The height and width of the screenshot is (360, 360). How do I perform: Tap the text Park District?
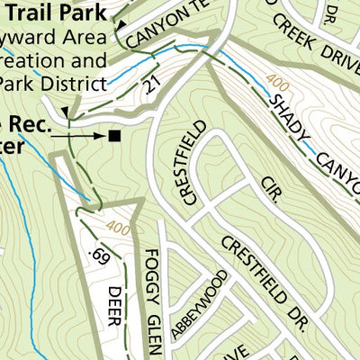(45, 84)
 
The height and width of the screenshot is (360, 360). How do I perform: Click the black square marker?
(114, 136)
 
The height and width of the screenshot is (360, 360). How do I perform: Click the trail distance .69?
(100, 258)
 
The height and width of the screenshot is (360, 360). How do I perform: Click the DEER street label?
(114, 305)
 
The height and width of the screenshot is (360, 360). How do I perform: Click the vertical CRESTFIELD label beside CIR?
(189, 170)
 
